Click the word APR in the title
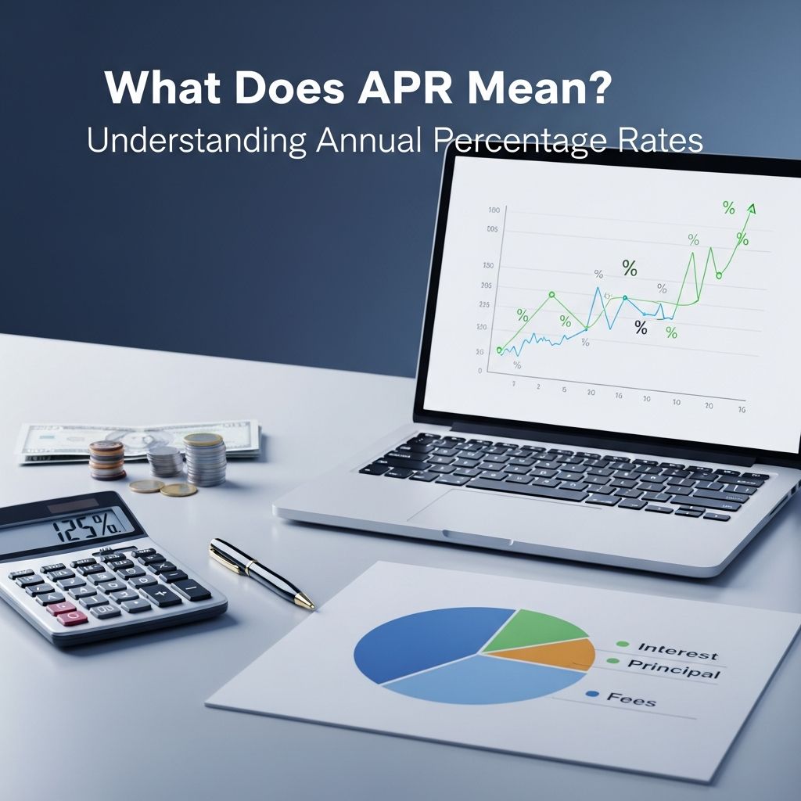click(407, 88)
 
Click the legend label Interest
click(677, 649)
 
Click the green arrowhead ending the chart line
click(751, 208)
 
